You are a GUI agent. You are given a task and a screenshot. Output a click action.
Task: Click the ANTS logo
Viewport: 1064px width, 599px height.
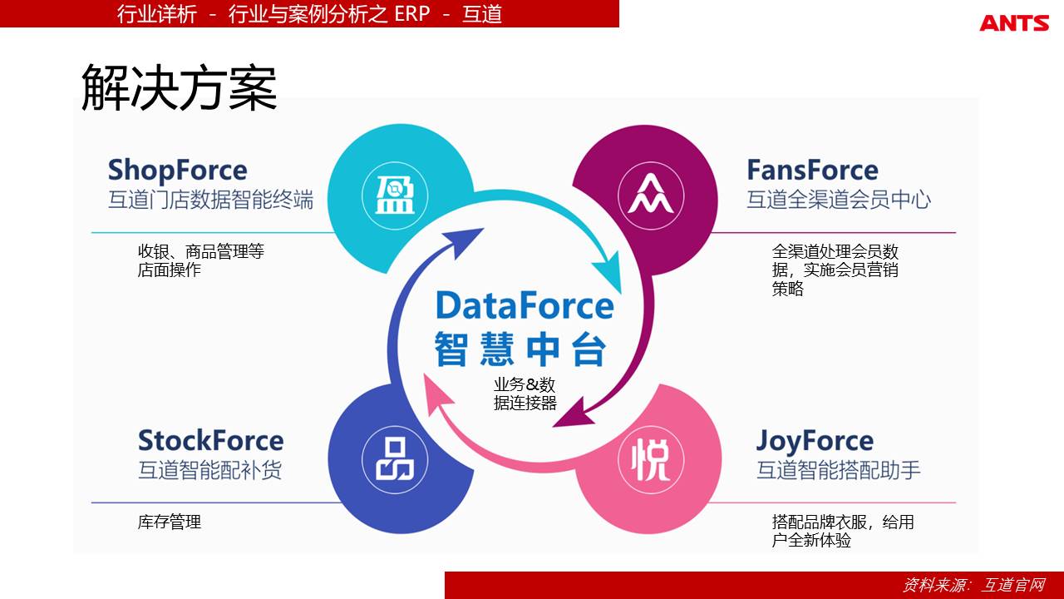point(1014,22)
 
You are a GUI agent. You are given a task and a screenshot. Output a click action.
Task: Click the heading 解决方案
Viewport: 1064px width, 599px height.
point(179,88)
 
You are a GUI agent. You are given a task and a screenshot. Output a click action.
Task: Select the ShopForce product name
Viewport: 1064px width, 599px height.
point(178,171)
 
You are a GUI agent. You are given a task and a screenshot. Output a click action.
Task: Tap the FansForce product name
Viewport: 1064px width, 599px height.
point(812,170)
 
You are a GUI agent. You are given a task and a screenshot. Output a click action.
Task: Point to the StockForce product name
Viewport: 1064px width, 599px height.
point(211,440)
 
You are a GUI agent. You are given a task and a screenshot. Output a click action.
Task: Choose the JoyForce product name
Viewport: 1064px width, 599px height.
point(815,441)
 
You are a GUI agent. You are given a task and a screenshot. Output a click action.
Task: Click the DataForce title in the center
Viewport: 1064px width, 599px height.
point(525,305)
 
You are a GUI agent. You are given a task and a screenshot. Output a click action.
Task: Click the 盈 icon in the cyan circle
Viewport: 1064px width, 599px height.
point(395,196)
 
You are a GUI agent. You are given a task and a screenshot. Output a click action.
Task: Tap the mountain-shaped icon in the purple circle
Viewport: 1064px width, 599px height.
point(651,194)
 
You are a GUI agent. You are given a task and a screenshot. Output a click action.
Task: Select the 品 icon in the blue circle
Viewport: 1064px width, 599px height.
point(395,459)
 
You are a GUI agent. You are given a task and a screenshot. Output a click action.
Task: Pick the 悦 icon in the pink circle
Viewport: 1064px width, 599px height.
point(651,460)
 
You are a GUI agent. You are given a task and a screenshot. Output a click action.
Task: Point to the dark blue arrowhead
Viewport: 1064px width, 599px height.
point(463,241)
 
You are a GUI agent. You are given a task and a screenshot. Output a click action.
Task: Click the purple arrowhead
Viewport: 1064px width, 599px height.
point(574,414)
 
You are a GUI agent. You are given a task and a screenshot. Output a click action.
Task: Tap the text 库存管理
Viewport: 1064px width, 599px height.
point(170,522)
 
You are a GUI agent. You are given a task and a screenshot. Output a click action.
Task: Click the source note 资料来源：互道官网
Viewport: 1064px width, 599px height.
point(974,585)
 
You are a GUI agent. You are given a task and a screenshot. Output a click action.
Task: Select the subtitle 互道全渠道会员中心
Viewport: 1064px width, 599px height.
point(839,199)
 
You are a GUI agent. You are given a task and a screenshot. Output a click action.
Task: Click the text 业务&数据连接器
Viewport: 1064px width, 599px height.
point(525,394)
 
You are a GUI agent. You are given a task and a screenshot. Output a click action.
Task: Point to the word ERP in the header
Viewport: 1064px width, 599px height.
point(411,13)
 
